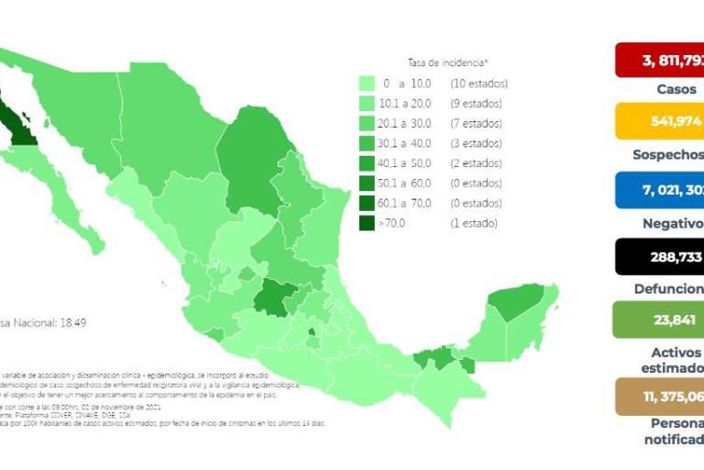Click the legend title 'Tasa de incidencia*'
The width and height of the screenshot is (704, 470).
click(x=449, y=62)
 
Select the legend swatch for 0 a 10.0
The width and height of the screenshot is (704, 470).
click(x=369, y=84)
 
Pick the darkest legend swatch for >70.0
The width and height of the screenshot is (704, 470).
click(x=369, y=223)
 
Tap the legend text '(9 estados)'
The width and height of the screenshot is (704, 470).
click(x=477, y=104)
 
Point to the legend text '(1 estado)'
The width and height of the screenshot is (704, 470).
click(x=474, y=223)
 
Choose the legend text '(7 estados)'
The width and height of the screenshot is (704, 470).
click(x=477, y=124)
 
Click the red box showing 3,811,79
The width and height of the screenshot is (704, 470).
click(x=659, y=61)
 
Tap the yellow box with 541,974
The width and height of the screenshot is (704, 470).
click(x=659, y=121)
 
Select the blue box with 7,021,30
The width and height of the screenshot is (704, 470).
click(x=659, y=189)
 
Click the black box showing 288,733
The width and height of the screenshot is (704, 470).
click(x=659, y=256)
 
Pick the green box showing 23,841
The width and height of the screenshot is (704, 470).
click(x=659, y=320)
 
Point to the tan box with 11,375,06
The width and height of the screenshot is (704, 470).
click(x=659, y=396)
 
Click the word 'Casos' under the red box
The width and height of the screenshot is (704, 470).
click(x=676, y=90)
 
